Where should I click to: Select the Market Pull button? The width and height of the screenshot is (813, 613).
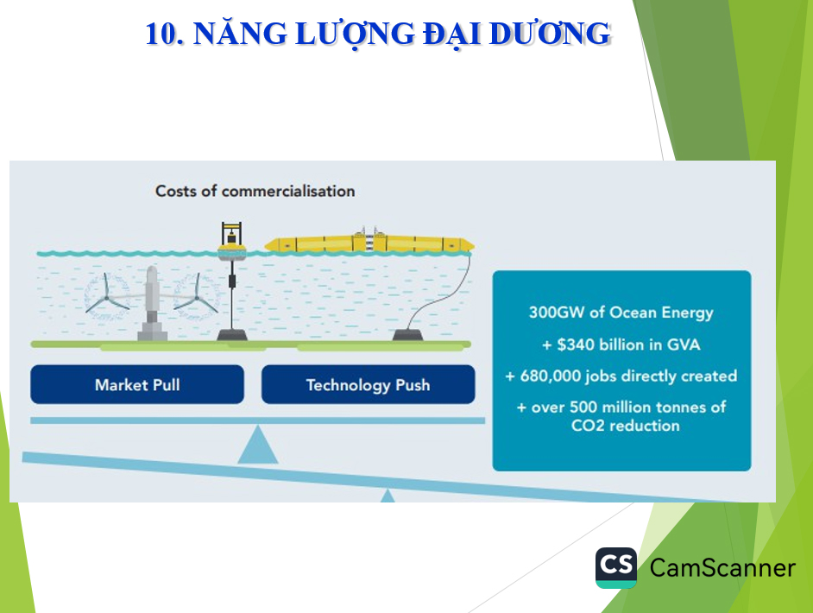click(137, 384)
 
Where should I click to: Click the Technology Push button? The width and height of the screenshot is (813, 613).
click(368, 384)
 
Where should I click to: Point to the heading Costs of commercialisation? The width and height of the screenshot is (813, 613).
click(255, 191)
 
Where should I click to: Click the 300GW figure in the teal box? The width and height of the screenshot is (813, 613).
click(556, 313)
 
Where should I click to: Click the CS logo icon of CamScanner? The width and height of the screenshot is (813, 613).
click(616, 567)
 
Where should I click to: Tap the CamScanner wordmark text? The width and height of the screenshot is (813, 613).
click(722, 568)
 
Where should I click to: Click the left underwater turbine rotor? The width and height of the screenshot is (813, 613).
click(107, 294)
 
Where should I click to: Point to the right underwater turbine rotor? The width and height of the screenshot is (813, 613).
click(197, 294)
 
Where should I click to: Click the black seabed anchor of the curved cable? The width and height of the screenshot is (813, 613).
click(413, 333)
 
